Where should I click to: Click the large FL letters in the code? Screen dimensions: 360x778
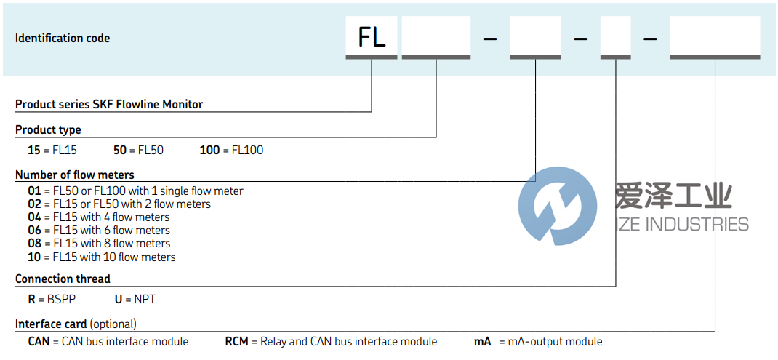[372, 36]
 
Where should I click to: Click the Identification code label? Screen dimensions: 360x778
[63, 38]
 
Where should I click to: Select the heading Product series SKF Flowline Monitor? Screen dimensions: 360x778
[109, 104]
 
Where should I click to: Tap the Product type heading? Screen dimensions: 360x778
[48, 129]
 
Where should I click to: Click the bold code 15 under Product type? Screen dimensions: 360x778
[34, 150]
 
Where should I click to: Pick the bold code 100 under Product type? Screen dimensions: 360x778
[209, 150]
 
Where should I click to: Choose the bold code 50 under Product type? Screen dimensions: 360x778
[121, 150]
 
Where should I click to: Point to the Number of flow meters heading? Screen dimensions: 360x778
[75, 175]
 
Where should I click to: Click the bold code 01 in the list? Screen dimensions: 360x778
[34, 191]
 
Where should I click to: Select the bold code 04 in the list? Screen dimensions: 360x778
[34, 217]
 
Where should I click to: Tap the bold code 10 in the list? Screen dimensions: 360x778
[34, 257]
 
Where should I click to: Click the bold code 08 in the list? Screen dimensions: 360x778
[34, 243]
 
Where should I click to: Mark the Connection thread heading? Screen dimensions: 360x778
[63, 279]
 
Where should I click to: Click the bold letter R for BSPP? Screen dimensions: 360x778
[31, 299]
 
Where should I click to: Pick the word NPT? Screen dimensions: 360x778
[144, 299]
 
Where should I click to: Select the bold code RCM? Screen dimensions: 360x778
[237, 341]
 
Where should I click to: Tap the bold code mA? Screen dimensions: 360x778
[483, 341]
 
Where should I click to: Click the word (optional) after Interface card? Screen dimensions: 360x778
[113, 324]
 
